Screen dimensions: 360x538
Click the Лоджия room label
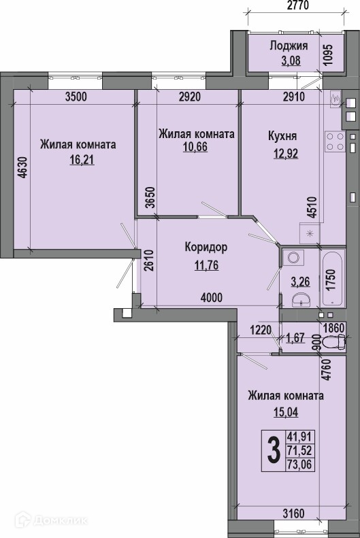click(289, 46)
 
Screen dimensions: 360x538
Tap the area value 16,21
click(82, 160)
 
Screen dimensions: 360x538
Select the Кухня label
click(282, 136)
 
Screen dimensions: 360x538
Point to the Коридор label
click(206, 247)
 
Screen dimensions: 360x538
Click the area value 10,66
click(195, 147)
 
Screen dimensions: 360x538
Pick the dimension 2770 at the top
click(297, 5)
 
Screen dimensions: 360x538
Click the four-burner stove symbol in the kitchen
click(335, 141)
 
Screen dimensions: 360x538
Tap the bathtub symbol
click(332, 278)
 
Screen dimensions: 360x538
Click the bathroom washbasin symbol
click(301, 300)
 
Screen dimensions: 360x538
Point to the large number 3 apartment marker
click(274, 452)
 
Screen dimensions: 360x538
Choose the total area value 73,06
click(300, 465)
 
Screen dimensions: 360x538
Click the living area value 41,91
click(300, 437)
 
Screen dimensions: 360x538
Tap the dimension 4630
click(22, 167)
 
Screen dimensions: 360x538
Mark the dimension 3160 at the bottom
click(293, 514)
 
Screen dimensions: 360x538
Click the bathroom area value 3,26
click(300, 282)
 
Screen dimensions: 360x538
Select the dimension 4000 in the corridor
click(212, 297)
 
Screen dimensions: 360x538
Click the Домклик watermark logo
click(51, 520)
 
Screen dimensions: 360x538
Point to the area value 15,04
click(286, 411)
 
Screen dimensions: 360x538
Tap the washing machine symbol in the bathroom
click(293, 257)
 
